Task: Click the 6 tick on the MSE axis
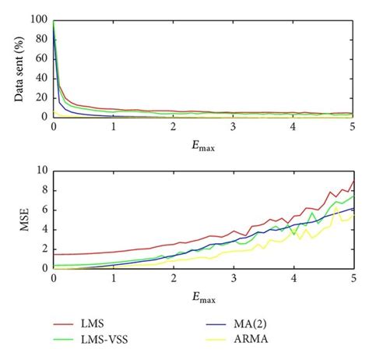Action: click(44, 210)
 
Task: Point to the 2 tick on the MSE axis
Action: click(44, 249)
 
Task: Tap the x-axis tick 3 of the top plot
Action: click(234, 127)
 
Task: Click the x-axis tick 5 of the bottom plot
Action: click(353, 278)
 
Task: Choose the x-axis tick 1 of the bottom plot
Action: click(114, 278)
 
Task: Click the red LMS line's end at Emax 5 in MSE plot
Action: click(353, 181)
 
